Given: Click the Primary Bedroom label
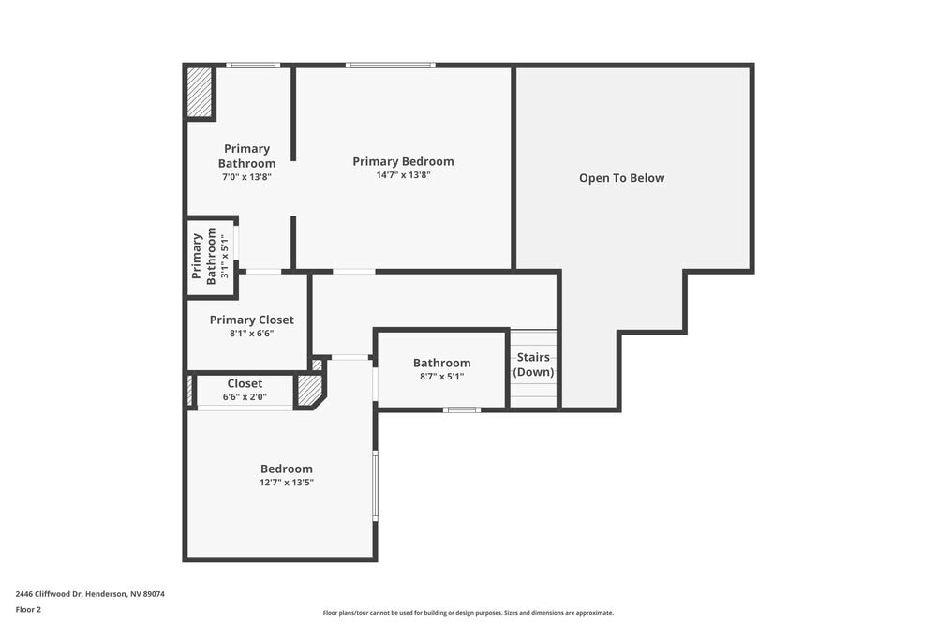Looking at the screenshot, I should [403, 161].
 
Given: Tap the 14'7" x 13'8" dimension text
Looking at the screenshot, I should [403, 174].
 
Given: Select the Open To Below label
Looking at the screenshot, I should [621, 178].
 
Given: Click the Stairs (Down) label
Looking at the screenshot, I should [533, 365].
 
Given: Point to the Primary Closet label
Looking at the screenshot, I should [251, 320].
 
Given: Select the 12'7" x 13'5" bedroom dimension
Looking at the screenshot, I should [287, 483].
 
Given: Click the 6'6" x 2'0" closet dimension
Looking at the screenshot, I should [245, 396].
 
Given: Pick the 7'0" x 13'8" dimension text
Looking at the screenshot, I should [246, 176].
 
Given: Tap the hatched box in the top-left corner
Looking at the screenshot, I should [200, 92].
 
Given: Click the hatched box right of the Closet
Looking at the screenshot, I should [308, 391].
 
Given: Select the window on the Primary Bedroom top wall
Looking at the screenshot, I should [390, 65].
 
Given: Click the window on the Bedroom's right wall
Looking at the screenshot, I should [375, 485].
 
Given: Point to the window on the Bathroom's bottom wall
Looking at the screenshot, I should [462, 409].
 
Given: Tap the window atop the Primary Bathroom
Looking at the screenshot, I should [253, 65].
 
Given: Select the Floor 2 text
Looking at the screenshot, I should [28, 609].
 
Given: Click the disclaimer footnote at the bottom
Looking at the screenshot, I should [468, 612].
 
